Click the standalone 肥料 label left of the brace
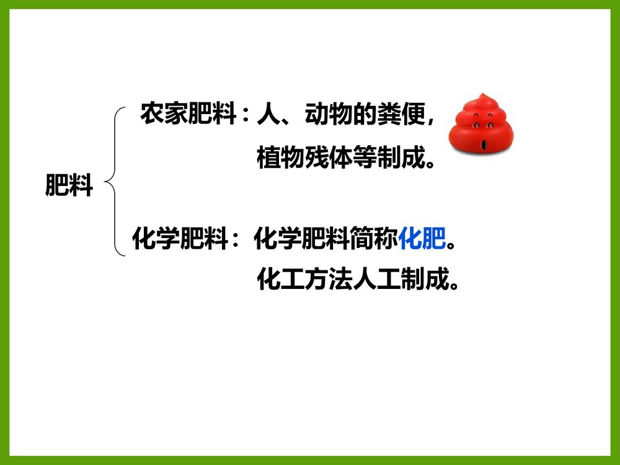click(x=69, y=185)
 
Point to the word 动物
click(x=327, y=114)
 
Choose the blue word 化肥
click(x=422, y=239)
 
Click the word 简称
click(x=374, y=239)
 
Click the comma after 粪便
click(x=430, y=121)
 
